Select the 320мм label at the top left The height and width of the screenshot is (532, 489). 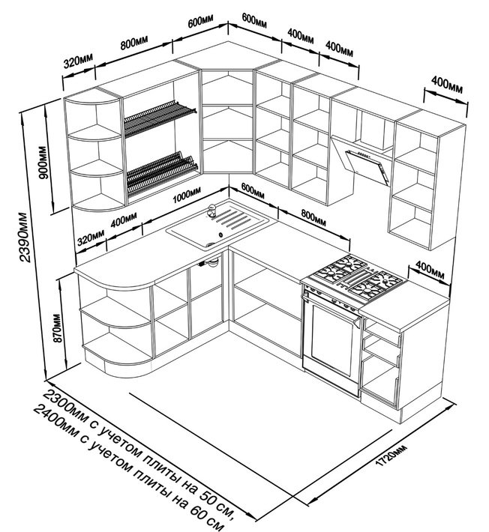coord(78,59)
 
